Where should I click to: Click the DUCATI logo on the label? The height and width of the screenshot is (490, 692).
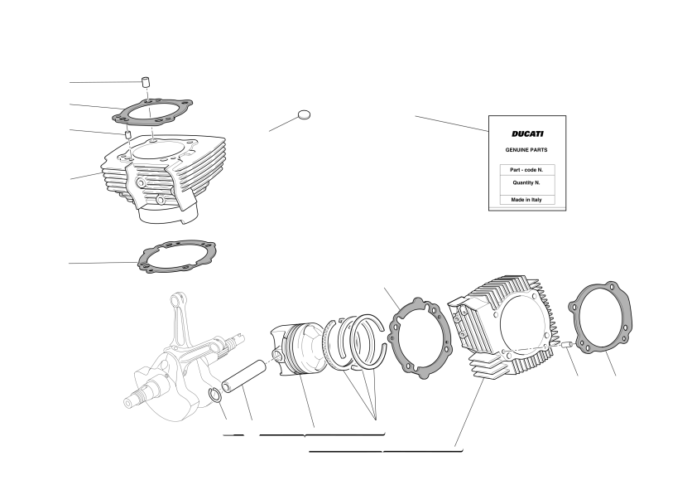coord(527,133)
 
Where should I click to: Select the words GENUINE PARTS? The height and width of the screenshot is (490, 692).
coord(526,150)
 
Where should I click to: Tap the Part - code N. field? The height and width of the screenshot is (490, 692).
coord(527,170)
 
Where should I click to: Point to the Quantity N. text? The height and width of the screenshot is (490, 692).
coord(526,182)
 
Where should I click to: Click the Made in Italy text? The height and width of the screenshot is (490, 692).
coord(526,200)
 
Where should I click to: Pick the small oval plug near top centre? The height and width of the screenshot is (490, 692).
coord(304,115)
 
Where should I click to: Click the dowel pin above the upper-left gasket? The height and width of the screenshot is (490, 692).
coord(145,82)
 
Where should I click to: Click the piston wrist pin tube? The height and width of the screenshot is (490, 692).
coord(244,376)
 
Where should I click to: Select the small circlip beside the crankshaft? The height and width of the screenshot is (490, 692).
coord(216,395)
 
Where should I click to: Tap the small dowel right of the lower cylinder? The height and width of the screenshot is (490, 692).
coord(567,344)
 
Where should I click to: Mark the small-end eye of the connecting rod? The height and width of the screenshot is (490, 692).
coord(177,298)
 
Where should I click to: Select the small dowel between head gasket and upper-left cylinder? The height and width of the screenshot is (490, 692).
coord(128,134)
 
